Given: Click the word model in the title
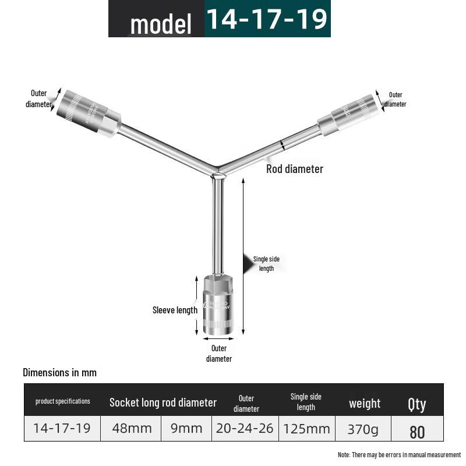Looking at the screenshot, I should point(161,24).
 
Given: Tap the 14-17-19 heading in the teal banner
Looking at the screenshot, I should point(267,19).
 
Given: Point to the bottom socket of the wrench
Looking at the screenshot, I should point(218,305).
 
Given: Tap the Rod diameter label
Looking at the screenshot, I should point(294,169).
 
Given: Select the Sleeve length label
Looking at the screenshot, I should point(175,310).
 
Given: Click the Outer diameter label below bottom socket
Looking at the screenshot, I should point(219,354).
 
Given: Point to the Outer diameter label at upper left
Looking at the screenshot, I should point(38,98).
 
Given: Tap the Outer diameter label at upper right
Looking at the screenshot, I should point(396,100).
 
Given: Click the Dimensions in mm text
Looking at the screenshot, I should point(59,372).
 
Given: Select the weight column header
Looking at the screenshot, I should point(365,403).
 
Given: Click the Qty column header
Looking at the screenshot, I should point(417,404).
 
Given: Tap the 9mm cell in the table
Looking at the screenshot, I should point(186,429).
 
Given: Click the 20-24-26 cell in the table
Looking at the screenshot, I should point(245,429).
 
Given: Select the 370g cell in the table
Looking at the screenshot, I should point(362,429).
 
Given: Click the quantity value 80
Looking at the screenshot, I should point(417,432).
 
